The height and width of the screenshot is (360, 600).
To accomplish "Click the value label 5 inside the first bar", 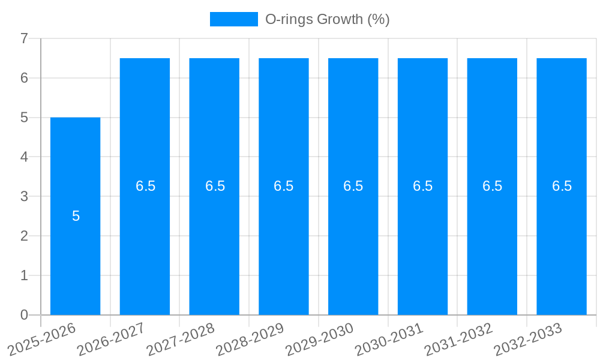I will click(76, 216).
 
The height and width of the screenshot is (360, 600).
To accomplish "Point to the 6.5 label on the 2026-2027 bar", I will click(145, 186).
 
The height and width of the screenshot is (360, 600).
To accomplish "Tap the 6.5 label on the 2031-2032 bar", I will click(492, 186).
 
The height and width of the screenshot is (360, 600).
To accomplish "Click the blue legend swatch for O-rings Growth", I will click(233, 19).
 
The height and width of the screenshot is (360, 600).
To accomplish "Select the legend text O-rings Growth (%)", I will click(328, 19).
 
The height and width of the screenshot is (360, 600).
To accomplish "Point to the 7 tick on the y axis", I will click(24, 38).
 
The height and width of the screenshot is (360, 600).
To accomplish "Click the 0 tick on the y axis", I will click(24, 315).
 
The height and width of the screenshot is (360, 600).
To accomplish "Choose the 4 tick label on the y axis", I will click(24, 157).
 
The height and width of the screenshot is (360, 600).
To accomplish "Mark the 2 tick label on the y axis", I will click(24, 236).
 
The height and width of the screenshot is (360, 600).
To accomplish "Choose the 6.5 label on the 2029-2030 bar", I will click(353, 186).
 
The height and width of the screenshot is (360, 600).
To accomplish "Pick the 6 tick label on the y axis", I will click(24, 78).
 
